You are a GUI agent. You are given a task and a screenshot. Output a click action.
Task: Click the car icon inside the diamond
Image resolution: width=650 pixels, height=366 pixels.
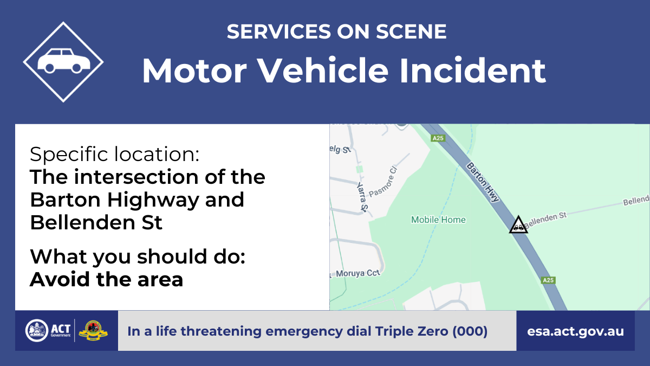[64, 61]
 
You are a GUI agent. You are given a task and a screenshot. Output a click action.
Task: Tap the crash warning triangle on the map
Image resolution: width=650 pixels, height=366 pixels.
[518, 225]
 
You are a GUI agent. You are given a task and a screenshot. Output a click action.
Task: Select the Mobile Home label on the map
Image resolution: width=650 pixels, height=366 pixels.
[438, 220]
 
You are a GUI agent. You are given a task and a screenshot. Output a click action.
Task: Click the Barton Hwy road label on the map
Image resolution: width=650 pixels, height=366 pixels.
[483, 182]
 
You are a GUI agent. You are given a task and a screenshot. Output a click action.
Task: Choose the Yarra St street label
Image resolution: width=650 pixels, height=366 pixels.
[362, 197]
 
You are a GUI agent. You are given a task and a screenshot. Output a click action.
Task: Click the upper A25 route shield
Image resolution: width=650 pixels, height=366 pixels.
[438, 138]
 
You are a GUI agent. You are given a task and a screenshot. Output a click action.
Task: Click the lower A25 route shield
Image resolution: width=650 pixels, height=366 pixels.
[548, 280]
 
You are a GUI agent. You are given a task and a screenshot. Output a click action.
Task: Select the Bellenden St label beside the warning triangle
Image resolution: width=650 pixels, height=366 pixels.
[545, 219]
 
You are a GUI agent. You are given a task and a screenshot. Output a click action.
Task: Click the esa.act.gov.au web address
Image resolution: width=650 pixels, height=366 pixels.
[575, 331]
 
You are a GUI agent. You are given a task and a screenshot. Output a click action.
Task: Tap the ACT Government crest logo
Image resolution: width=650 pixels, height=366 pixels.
[37, 331]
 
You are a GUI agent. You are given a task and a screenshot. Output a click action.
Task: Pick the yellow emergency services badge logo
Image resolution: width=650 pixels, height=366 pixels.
[93, 331]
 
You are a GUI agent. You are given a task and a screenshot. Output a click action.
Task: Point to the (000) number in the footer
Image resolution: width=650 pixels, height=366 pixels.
[470, 331]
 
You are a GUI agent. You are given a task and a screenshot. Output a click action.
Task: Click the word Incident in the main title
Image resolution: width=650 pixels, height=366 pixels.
[472, 70]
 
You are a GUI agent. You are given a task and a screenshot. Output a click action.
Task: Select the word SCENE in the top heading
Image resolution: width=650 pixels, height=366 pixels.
[411, 31]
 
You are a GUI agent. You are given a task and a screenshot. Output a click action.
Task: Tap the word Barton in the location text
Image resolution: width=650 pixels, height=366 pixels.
[66, 200]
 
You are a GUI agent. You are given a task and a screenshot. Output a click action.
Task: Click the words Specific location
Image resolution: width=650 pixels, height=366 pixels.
[115, 154]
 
